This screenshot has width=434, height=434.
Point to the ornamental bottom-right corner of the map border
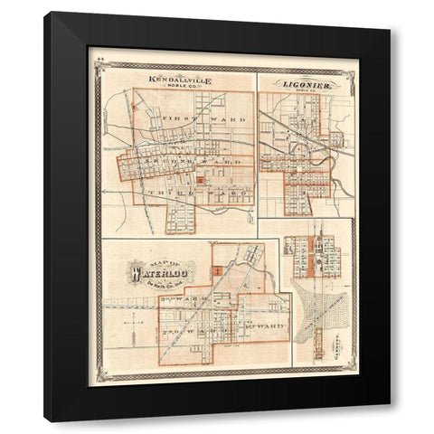pos(351,371)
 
